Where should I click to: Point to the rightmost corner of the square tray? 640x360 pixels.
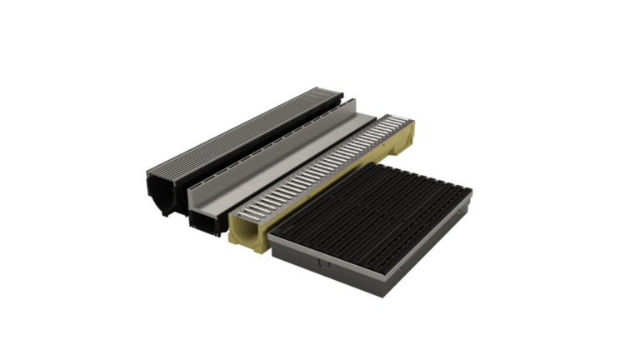pyautogui.click(x=472, y=193)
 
